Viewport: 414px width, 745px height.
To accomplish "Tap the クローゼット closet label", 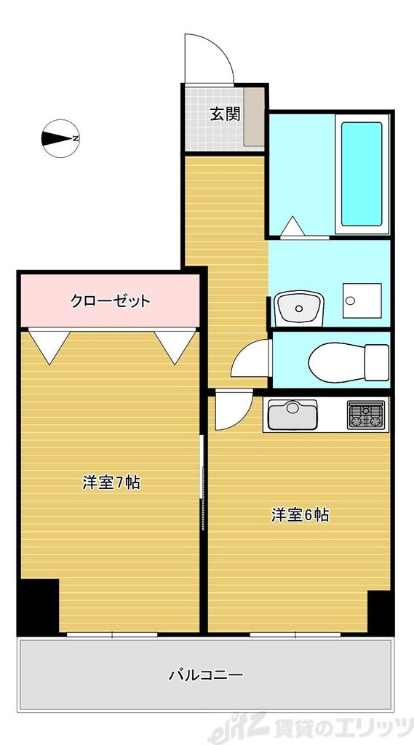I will click(111, 300).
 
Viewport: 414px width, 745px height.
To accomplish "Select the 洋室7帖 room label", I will click(111, 482).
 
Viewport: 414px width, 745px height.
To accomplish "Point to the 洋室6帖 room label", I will click(300, 515).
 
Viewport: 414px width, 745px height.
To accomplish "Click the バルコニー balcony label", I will click(206, 674).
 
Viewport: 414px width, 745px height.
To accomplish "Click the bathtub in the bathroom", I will click(362, 175).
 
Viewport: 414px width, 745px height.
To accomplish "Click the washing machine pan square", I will click(360, 298).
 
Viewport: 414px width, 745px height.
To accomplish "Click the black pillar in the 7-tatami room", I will click(38, 606).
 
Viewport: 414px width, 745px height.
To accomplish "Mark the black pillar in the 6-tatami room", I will click(380, 611).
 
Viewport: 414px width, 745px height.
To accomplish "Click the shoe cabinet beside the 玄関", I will click(254, 116).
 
